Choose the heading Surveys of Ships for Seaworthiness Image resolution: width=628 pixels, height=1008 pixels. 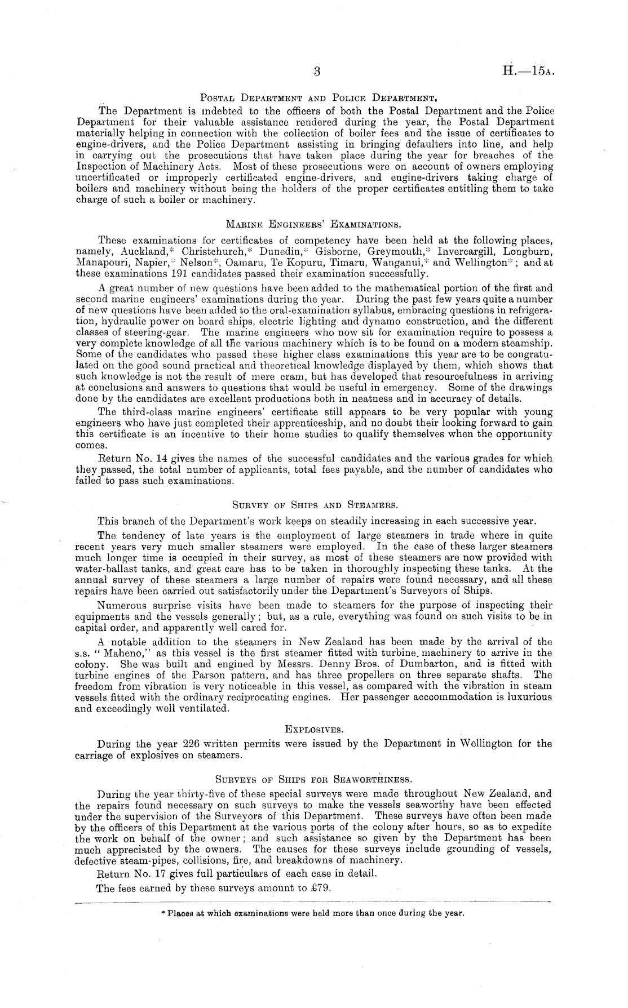[314, 780]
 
